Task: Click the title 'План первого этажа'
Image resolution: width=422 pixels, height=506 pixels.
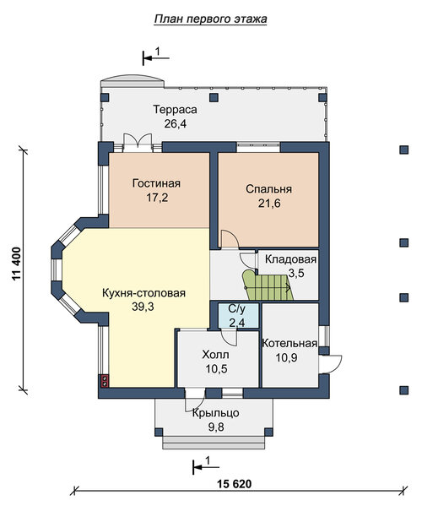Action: tap(210, 19)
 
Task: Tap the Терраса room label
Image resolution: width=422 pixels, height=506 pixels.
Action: tap(175, 110)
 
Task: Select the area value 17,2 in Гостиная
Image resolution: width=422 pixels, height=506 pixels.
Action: tap(157, 198)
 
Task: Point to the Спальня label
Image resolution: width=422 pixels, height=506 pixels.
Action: tap(268, 189)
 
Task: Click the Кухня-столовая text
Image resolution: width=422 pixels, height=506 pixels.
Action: tap(143, 293)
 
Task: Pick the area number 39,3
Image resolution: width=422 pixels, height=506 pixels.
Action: tap(143, 307)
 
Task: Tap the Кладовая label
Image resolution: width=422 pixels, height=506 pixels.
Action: tap(291, 259)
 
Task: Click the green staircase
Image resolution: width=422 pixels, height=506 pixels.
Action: tap(268, 286)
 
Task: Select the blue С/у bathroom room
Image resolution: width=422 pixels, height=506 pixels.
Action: tap(239, 316)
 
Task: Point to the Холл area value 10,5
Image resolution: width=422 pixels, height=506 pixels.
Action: tap(216, 369)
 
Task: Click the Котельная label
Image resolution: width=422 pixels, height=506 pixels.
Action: tap(289, 344)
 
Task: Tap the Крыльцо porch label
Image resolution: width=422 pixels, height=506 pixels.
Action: tap(216, 413)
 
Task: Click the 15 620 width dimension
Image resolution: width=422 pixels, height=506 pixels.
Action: tap(234, 484)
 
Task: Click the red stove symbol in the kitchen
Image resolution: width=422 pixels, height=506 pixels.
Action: tap(105, 381)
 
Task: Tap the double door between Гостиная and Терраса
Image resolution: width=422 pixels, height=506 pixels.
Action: tap(138, 143)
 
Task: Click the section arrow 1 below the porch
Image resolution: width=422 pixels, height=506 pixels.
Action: tap(206, 466)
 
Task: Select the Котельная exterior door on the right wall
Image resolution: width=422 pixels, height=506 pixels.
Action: tap(330, 364)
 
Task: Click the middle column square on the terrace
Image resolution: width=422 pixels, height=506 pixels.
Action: tap(214, 97)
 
